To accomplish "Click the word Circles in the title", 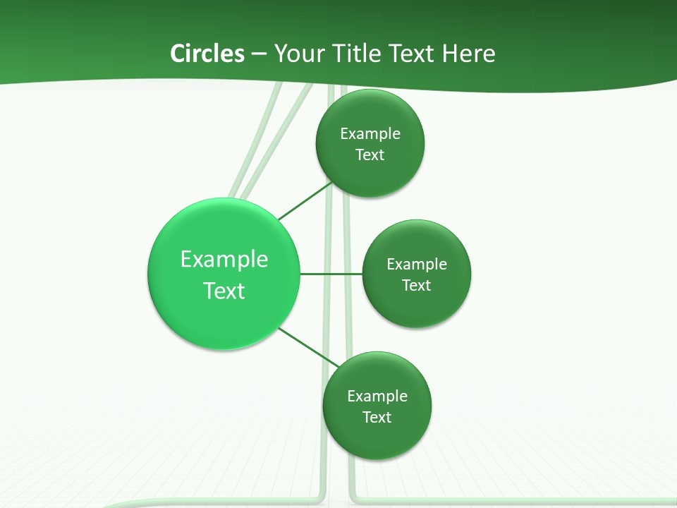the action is coord(207,54).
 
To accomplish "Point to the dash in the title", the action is coord(259,54).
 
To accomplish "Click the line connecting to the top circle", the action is coord(305,202).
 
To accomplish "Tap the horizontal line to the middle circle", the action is coord(331,274).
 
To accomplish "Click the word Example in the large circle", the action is coord(224,259).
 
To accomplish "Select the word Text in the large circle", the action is coord(224,291).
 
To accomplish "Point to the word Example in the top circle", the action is coord(370,133).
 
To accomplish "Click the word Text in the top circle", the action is coord(370,155).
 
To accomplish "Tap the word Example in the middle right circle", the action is coord(417,264).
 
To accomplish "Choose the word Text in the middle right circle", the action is coord(417,285).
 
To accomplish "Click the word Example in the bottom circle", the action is coord(377,396).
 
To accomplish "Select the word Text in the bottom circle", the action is coord(377,417).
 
